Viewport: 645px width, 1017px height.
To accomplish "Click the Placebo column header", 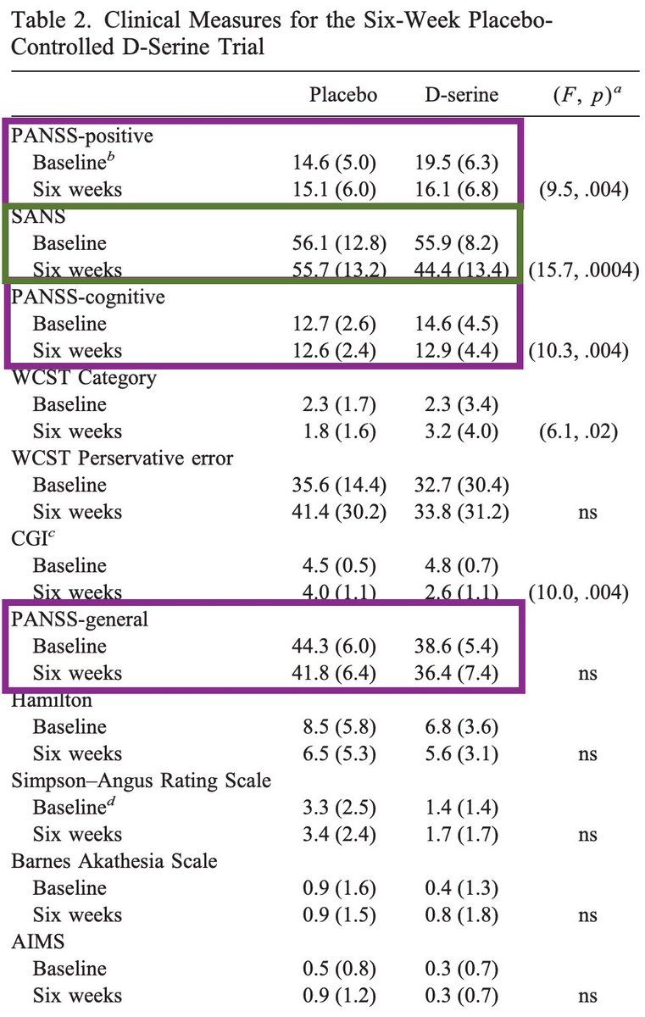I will pos(342,94).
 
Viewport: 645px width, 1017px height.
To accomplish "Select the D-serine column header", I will pos(461,94).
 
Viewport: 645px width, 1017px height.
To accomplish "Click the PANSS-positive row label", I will pos(81,135).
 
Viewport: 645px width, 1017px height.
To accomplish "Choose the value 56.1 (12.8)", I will pos(339,243).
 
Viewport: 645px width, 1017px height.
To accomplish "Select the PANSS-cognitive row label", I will pos(88,297).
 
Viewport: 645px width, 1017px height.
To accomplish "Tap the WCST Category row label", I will pos(84,377).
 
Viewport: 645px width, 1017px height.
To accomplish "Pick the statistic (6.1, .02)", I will pos(578,431).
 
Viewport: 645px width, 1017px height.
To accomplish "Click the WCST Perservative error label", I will pos(123,458).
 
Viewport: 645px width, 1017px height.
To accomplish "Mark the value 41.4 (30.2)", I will pos(339,512).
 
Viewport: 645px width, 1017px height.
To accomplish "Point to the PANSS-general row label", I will pos(80,620).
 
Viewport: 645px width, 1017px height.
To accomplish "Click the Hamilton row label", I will pos(52,700).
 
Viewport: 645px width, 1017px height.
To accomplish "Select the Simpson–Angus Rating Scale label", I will pos(142,781).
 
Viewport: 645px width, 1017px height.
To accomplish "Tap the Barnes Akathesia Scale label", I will pos(114,861).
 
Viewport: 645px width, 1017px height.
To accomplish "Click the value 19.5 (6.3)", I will pos(461,163).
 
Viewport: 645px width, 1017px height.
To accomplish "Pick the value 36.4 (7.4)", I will pos(461,673).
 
